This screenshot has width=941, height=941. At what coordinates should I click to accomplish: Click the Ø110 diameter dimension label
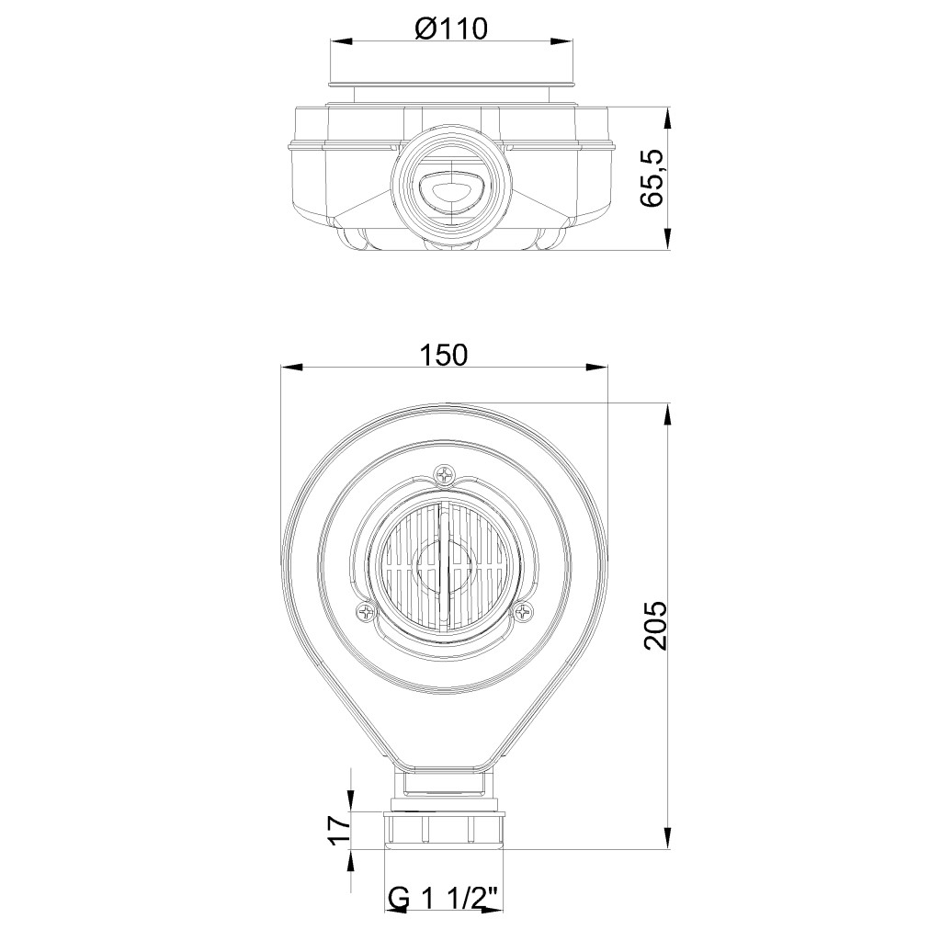(x=450, y=28)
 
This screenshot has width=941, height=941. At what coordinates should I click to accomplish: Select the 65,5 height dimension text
(x=652, y=177)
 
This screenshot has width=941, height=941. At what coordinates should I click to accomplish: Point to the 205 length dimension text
(x=654, y=625)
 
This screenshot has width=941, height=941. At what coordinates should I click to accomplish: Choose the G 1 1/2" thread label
(x=444, y=899)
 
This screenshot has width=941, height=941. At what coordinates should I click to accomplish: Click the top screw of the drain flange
(x=445, y=475)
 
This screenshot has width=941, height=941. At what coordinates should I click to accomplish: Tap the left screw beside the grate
(x=366, y=612)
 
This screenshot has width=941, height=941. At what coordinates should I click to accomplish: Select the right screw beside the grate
(x=523, y=612)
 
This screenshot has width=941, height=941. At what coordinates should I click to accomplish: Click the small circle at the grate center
(x=445, y=565)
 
